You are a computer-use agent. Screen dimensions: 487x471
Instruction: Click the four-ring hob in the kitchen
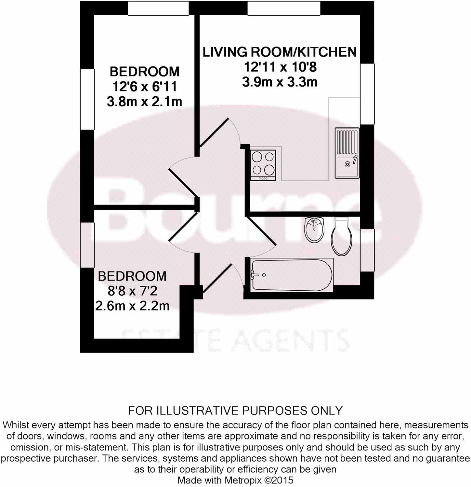click(x=263, y=165)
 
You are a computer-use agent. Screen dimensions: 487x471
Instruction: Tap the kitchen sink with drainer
click(x=347, y=153)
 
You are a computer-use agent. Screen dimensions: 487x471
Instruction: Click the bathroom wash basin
click(x=314, y=229)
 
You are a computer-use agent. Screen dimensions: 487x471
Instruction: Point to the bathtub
click(x=292, y=275)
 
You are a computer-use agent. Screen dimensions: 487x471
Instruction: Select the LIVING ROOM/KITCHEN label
click(x=280, y=52)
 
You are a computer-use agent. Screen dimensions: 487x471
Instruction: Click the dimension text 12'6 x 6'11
click(x=145, y=87)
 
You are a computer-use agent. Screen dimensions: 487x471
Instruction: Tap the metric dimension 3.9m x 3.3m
click(x=280, y=82)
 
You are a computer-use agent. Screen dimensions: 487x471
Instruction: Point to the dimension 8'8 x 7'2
click(x=132, y=291)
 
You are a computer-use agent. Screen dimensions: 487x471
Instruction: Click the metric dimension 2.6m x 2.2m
click(x=132, y=306)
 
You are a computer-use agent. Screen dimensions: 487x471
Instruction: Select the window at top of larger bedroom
click(x=158, y=8)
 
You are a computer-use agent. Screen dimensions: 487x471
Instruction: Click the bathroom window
click(x=367, y=250)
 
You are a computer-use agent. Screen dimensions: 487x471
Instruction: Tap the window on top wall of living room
click(x=284, y=8)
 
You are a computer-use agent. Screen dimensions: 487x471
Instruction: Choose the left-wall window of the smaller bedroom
click(x=87, y=245)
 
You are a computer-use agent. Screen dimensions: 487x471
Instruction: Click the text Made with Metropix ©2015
click(x=235, y=480)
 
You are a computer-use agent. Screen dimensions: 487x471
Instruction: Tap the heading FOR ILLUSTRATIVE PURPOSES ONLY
click(x=235, y=410)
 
